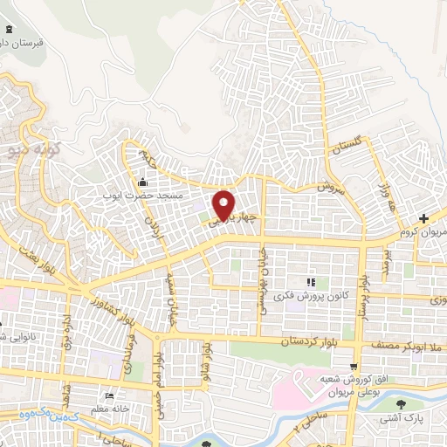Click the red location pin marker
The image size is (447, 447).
[224, 204]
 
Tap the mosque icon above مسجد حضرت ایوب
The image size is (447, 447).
[143, 182]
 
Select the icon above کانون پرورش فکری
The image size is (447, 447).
[310, 282]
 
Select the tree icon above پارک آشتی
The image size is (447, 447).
[401, 404]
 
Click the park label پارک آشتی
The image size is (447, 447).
[401, 419]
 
